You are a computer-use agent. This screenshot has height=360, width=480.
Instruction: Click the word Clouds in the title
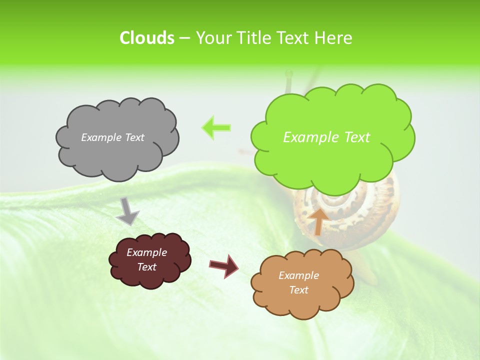146,38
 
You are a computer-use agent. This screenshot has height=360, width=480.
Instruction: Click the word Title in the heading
254,38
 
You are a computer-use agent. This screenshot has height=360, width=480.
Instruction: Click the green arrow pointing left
216,127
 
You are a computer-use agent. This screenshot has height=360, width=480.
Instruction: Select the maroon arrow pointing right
224,265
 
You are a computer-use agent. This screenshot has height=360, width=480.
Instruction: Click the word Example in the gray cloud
99,137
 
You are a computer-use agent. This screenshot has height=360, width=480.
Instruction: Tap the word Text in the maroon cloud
147,267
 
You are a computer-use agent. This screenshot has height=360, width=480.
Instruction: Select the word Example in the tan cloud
298,275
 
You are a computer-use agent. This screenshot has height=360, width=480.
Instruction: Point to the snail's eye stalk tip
288,73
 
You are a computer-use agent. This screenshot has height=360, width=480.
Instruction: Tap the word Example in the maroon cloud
147,252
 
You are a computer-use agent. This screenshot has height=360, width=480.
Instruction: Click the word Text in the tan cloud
298,290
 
